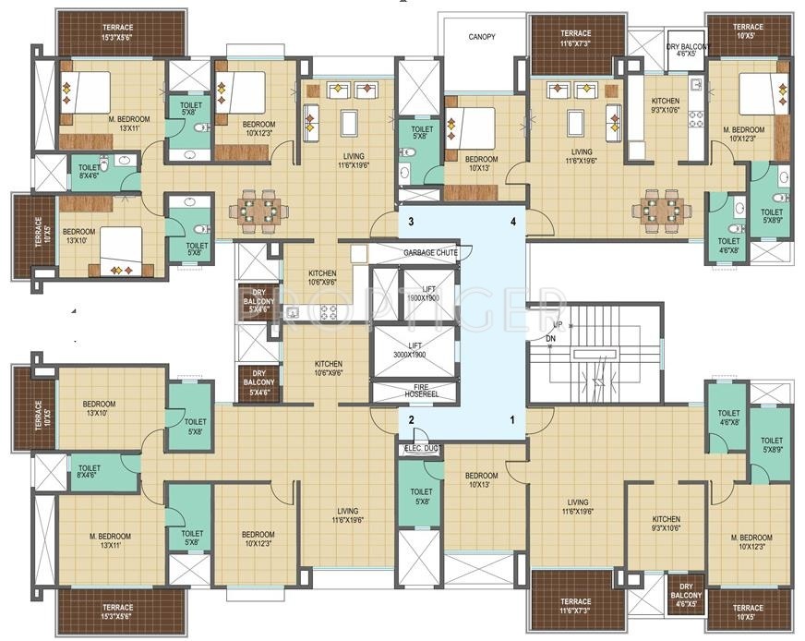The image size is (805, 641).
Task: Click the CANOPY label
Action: pos(481,37)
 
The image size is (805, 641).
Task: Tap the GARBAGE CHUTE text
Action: pos(436,252)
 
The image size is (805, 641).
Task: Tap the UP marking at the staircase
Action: pos(557,326)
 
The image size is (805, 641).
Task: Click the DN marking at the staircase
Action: pos(550,339)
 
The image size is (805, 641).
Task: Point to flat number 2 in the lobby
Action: pos(411,419)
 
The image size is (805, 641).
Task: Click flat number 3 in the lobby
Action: pos(411,223)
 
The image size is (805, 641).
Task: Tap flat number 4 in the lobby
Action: pos(511,223)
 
